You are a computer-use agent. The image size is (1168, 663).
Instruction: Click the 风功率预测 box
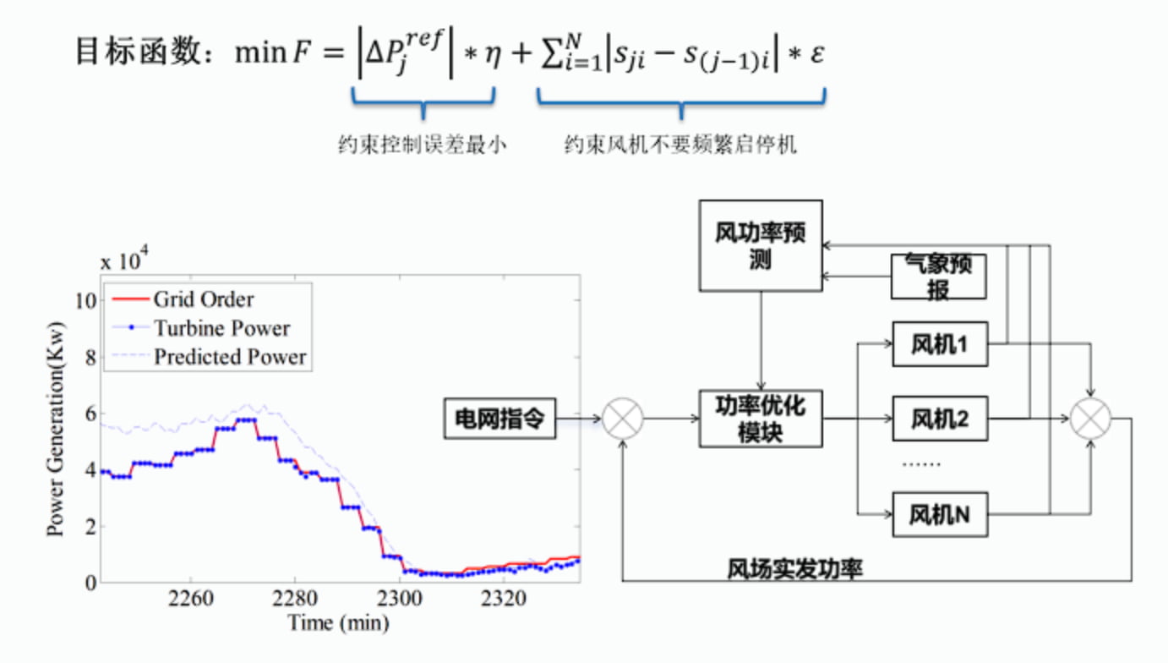760,245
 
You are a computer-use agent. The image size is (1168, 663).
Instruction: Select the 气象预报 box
939,277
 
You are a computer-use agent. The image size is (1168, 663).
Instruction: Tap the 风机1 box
940,345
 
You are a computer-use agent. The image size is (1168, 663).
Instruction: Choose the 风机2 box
940,418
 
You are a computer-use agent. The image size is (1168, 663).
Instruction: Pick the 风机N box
940,513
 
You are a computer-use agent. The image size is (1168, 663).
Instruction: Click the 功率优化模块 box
760,418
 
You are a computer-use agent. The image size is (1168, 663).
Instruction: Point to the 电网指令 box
499,419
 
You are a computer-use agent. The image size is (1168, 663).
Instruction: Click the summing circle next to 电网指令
623,419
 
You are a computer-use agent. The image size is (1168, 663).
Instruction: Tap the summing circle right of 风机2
1090,419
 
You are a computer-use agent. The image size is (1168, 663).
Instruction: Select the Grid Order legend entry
203,299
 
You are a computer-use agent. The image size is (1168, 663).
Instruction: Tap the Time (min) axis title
339,623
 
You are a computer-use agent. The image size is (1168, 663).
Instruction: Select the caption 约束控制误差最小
422,145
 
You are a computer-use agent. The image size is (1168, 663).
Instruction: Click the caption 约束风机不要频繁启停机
680,145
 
